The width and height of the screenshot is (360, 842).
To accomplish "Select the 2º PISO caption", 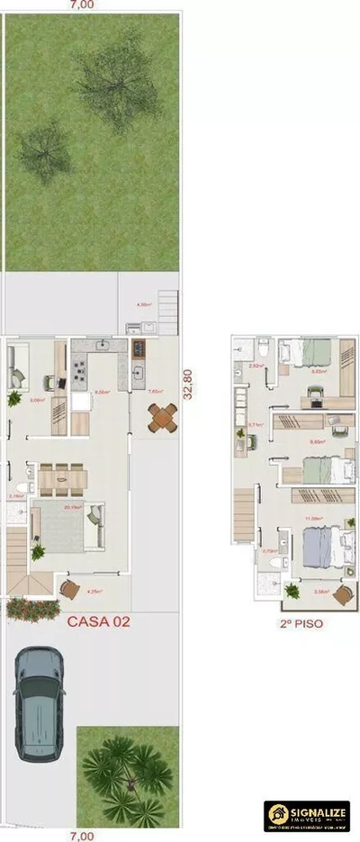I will coord(301,622).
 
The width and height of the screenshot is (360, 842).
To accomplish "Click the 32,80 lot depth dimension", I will coord(188,384).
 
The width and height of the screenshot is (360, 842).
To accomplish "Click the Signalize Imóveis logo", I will coord(306,816).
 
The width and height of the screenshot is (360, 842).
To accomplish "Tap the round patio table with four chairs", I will coord(162,417).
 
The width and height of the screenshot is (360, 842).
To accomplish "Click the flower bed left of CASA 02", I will coord(27,609).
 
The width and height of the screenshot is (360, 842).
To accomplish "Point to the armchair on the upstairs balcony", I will coord(342,594).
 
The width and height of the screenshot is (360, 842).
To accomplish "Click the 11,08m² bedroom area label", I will coord(314,520).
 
